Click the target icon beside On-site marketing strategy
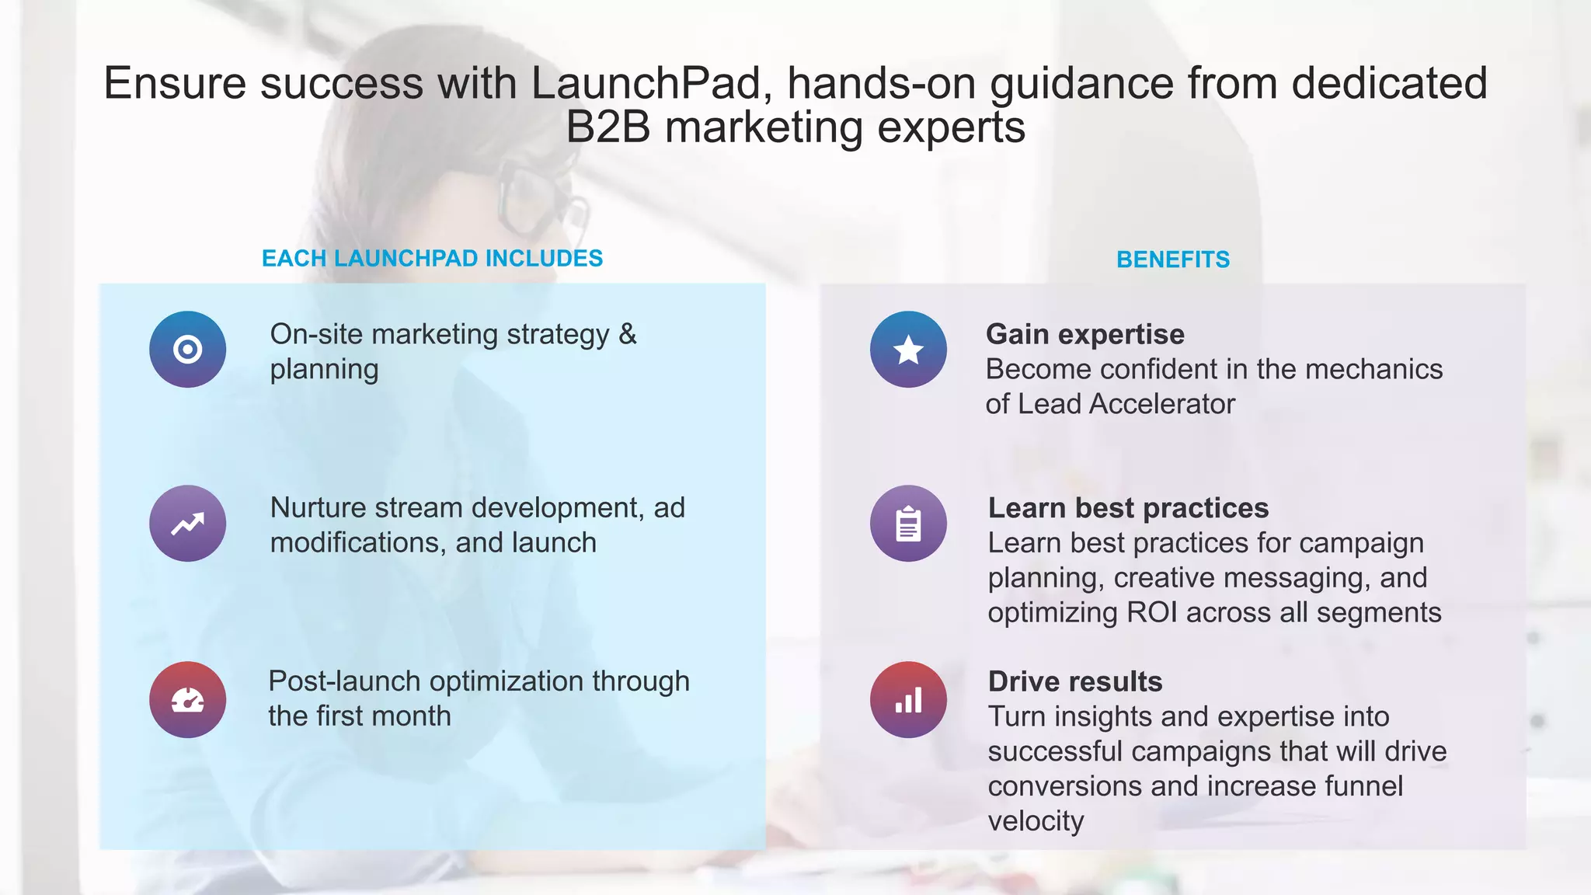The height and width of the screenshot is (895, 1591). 188,350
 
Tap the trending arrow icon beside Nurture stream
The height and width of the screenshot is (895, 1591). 188,524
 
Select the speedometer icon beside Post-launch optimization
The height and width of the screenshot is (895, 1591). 188,699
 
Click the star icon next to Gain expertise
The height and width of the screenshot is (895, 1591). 908,350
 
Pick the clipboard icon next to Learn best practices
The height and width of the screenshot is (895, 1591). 908,524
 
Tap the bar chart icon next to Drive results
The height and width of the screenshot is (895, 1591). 908,699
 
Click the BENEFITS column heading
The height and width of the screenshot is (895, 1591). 1172,259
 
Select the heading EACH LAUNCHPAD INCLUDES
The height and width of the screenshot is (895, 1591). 432,258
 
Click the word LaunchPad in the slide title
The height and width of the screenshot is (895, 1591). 646,83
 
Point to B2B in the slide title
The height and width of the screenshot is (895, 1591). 608,127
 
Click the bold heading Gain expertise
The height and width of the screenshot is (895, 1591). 1084,334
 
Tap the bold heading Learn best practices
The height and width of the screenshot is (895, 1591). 1128,508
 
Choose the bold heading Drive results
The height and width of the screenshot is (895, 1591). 1075,681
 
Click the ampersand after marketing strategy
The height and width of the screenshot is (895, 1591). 628,334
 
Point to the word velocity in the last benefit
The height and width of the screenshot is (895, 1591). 1036,821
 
